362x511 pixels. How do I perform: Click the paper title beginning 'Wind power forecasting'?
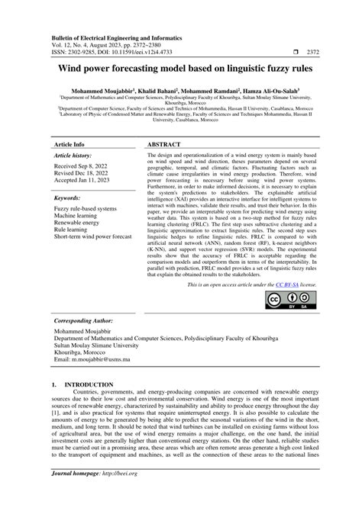coord(180,69)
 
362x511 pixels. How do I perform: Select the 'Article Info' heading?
coord(69,143)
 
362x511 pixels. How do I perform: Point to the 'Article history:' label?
coord(72,155)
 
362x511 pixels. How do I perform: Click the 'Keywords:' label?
coord(67,198)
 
